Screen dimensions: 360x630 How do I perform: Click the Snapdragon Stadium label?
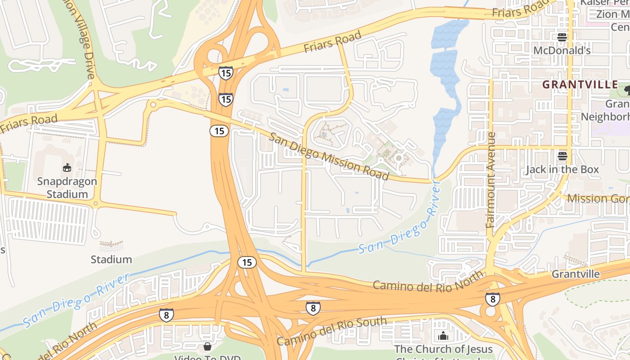[67, 188]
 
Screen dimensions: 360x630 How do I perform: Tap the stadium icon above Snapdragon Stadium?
[67, 168]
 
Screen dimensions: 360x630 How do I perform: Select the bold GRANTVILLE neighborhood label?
[580, 85]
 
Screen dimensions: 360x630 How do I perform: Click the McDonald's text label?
[562, 50]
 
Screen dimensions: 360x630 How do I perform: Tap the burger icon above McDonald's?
[562, 37]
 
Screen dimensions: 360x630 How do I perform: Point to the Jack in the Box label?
[562, 170]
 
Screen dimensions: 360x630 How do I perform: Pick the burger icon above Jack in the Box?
[562, 156]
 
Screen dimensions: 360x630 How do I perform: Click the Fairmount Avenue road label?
[491, 180]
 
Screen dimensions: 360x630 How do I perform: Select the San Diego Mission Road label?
[329, 156]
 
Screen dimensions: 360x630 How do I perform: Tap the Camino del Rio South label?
[332, 331]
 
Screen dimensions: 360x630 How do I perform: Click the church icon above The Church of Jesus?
[443, 336]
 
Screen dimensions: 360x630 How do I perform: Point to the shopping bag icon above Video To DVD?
[207, 346]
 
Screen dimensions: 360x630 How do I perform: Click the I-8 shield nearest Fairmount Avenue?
[492, 299]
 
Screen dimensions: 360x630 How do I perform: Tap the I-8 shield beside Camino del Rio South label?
[313, 308]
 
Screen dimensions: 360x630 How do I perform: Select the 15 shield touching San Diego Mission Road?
[219, 131]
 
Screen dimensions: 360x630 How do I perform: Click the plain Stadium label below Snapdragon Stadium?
[111, 260]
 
